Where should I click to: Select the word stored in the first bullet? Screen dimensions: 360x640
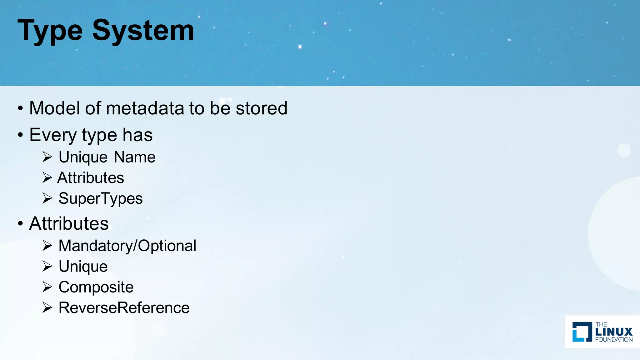261,108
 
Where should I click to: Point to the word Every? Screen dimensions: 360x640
53,135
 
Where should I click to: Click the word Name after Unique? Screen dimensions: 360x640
135,157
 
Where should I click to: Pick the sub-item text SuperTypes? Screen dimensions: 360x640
100,198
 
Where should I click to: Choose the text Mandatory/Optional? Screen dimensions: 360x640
127,246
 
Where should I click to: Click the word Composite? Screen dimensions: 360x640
96,287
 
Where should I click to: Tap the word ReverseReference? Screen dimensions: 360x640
124,307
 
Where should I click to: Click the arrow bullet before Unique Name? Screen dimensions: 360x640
47,157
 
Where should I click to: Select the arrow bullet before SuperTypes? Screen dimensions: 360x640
47,198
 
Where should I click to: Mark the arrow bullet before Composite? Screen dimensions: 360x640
47,287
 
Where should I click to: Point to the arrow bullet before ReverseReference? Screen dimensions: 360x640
47,307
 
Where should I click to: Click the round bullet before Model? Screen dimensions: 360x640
21,108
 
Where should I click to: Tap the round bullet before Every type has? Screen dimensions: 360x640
21,135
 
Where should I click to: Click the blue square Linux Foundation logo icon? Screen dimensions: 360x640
582,332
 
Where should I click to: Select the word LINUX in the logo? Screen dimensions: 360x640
614,332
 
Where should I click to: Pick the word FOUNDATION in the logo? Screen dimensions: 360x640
614,340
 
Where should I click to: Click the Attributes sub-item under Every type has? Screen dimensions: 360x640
91,178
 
